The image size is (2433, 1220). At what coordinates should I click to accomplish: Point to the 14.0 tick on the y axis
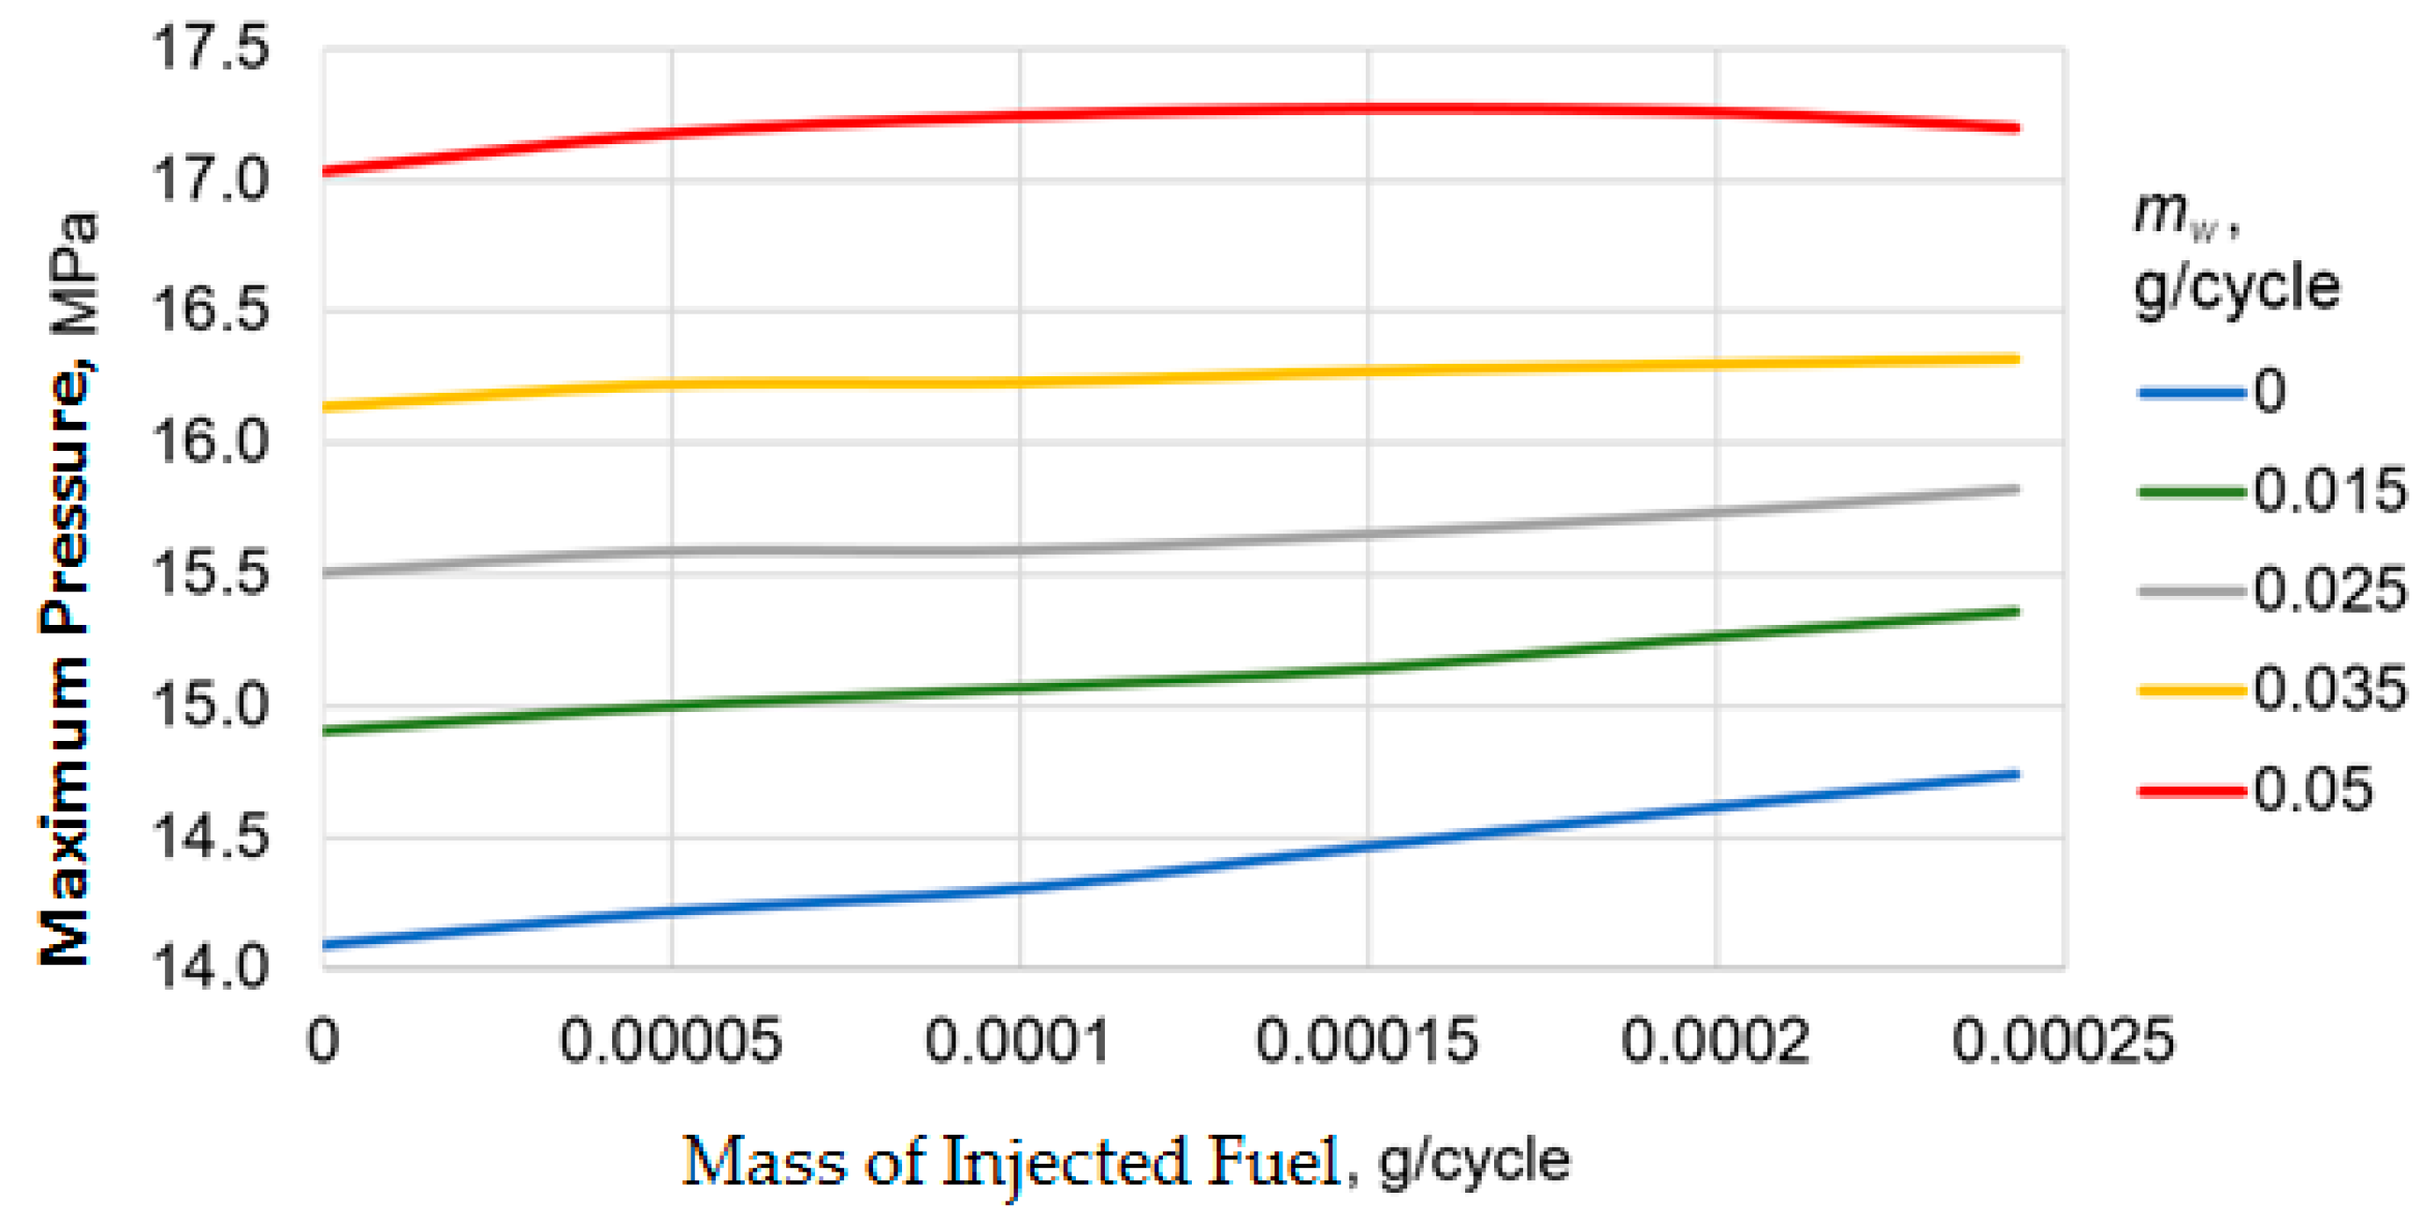[x=211, y=968]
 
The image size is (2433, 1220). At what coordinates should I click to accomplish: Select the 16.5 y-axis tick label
[x=211, y=309]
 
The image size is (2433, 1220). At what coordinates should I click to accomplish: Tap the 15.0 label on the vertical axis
[x=211, y=705]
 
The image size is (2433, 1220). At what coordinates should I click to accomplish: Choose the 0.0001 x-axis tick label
[x=1017, y=1041]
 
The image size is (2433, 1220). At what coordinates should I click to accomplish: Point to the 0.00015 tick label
[x=1366, y=1041]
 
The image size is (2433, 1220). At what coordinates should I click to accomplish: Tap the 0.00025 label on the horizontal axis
[x=2062, y=1041]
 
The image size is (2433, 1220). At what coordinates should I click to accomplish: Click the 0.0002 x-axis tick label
[x=1715, y=1041]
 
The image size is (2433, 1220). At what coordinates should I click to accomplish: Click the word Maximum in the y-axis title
[x=66, y=810]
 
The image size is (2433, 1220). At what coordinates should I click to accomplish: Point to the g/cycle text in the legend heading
[x=2236, y=287]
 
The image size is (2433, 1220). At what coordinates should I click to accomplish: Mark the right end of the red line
[x=2018, y=127]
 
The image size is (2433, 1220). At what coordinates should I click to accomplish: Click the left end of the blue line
[x=325, y=944]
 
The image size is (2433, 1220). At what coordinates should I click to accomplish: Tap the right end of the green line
[x=2018, y=613]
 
